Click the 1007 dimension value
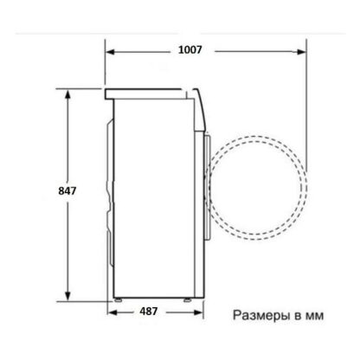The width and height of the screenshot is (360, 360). (x=190, y=50)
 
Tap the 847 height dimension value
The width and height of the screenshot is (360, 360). (x=67, y=191)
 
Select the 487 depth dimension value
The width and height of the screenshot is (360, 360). (x=149, y=312)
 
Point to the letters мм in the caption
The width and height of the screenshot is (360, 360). (x=314, y=316)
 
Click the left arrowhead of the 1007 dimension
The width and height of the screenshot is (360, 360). (x=111, y=52)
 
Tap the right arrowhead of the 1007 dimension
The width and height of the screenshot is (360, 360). (x=301, y=52)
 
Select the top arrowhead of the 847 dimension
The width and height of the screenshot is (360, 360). (x=67, y=94)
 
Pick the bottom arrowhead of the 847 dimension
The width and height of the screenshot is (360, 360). (x=67, y=295)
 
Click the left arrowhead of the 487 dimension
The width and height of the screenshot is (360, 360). (x=112, y=312)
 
